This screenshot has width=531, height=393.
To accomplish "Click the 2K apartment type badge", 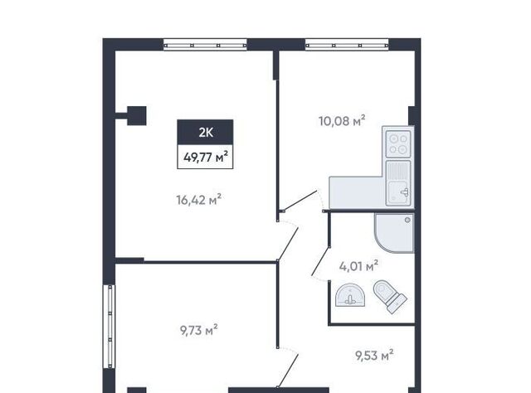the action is tap(205, 132).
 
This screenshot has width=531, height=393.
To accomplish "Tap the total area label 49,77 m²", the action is tap(205, 157).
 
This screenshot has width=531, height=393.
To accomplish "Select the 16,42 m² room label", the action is tap(199, 199).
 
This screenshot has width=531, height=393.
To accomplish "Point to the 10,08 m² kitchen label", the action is tap(342, 120).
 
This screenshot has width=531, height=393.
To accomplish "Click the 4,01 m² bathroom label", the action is tap(358, 266).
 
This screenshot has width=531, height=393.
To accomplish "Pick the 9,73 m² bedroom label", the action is tap(199, 330).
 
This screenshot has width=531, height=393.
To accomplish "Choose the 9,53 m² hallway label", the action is tap(374, 356).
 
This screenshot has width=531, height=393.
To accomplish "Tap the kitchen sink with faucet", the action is tap(398, 182).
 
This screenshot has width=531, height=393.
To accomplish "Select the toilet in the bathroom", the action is tap(389, 296).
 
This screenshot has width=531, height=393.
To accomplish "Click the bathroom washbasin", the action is tap(349, 295).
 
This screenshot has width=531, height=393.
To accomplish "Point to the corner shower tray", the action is tap(394, 233).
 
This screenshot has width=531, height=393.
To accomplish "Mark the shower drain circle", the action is tap(407, 220).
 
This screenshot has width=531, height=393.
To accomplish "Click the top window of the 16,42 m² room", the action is tap(205, 45).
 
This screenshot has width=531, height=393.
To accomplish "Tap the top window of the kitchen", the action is tap(347, 45).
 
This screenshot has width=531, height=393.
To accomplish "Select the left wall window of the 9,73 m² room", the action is tap(110, 327).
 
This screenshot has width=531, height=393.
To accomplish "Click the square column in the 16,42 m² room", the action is tap(137, 116).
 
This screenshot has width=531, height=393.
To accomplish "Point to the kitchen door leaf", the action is tap(300, 201).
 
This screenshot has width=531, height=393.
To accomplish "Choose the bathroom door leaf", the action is tap(321, 261).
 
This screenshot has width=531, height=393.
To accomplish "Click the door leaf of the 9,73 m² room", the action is tap(288, 371).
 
